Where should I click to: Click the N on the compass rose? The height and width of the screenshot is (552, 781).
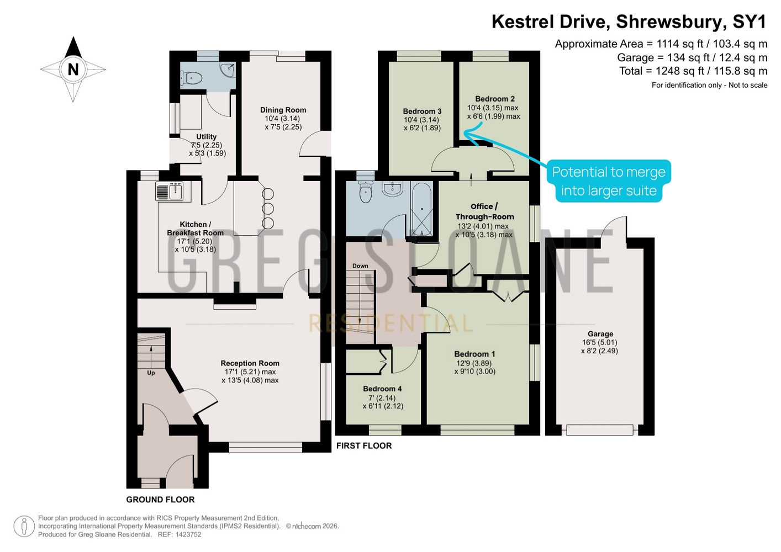pyautogui.click(x=73, y=70)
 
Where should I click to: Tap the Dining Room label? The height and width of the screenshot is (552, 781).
pyautogui.click(x=283, y=110)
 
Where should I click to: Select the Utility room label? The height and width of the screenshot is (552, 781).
pyautogui.click(x=207, y=136)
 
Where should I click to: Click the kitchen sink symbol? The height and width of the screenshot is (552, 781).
pyautogui.click(x=169, y=191)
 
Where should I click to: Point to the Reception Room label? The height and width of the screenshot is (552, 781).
pyautogui.click(x=250, y=363)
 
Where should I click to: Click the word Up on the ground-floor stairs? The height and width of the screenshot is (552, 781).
pyautogui.click(x=151, y=373)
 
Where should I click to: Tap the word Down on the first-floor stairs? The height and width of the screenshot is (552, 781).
pyautogui.click(x=360, y=266)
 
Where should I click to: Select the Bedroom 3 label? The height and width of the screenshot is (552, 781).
pyautogui.click(x=422, y=111)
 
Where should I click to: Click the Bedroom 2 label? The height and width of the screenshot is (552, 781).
pyautogui.click(x=495, y=99)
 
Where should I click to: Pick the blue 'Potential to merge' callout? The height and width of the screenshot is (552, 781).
pyautogui.click(x=609, y=181)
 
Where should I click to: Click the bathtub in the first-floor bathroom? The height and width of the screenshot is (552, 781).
pyautogui.click(x=422, y=209)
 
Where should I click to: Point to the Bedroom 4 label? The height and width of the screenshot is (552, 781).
pyautogui.click(x=382, y=389)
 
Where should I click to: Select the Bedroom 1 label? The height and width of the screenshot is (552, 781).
pyautogui.click(x=474, y=354)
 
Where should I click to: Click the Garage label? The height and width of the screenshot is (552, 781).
pyautogui.click(x=600, y=334)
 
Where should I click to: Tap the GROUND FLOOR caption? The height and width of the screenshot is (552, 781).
pyautogui.click(x=160, y=500)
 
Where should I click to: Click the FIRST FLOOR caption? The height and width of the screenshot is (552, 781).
pyautogui.click(x=364, y=445)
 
